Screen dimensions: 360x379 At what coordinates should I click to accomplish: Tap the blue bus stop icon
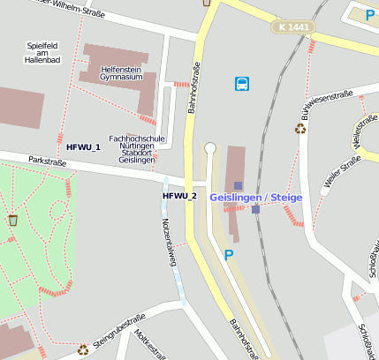click(x=242, y=84)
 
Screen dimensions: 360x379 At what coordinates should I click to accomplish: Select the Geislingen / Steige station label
click(x=255, y=197)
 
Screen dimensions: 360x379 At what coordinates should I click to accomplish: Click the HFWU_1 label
click(x=83, y=146)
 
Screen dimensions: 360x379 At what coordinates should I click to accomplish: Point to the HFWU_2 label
click(x=179, y=195)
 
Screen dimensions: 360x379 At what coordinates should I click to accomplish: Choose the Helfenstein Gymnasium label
click(x=122, y=72)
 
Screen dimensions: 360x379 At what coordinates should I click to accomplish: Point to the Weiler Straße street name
click(x=343, y=171)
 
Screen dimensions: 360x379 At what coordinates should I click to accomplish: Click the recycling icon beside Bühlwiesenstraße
click(x=300, y=128)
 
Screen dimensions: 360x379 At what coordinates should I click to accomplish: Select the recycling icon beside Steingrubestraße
click(x=83, y=349)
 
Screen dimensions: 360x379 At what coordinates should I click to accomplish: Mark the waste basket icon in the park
click(x=12, y=220)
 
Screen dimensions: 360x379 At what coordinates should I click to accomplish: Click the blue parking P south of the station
click(x=229, y=255)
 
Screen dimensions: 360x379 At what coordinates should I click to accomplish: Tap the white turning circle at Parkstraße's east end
click(x=209, y=148)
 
